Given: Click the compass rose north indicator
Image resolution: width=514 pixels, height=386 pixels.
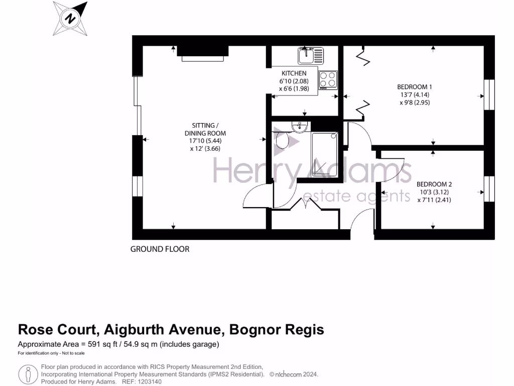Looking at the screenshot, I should (x=71, y=18).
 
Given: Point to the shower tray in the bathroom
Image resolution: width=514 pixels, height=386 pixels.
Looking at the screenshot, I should (x=324, y=154).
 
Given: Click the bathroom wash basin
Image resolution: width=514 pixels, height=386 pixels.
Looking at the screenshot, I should (x=300, y=127).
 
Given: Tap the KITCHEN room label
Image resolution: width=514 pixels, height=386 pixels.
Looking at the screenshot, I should (x=294, y=73).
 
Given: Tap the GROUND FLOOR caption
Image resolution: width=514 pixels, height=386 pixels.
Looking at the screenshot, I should (x=160, y=249).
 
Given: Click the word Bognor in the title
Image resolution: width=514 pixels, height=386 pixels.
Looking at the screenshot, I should (x=254, y=330).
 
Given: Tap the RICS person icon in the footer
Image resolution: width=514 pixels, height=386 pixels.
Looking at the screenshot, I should (x=28, y=373).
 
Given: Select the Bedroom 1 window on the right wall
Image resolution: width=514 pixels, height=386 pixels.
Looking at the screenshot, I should (x=488, y=95).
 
